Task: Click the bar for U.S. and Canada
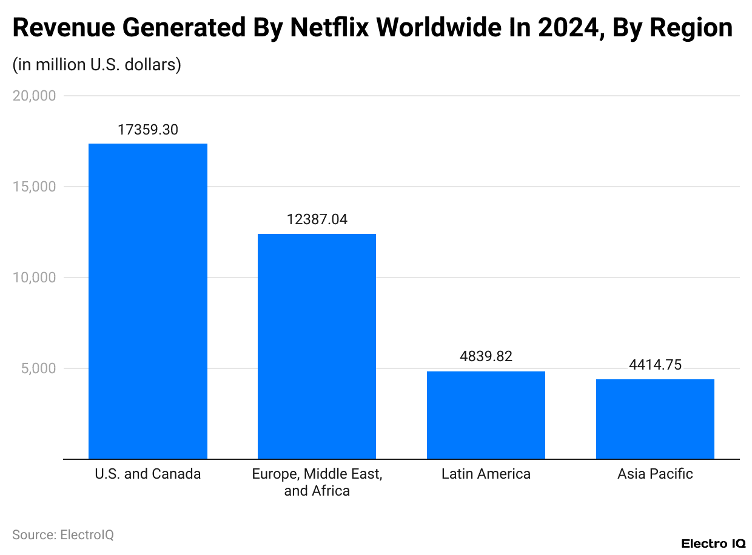[x=148, y=301]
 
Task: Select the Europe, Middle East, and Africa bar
[x=317, y=346]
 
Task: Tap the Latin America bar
[x=486, y=415]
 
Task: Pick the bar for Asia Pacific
[x=655, y=419]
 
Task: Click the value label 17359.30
[x=148, y=130]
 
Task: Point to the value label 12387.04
[x=317, y=219]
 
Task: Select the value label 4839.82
[x=486, y=356]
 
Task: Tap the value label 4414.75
[x=655, y=365]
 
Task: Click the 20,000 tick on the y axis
[x=35, y=96]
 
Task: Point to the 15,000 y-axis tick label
[x=35, y=187]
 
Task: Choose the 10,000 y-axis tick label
[x=35, y=277]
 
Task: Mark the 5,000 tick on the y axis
[x=38, y=368]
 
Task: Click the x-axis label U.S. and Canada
[x=148, y=474]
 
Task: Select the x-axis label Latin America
[x=486, y=474]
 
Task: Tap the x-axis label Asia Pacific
[x=655, y=474]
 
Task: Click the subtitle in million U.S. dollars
[x=97, y=64]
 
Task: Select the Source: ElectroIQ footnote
[x=63, y=535]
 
